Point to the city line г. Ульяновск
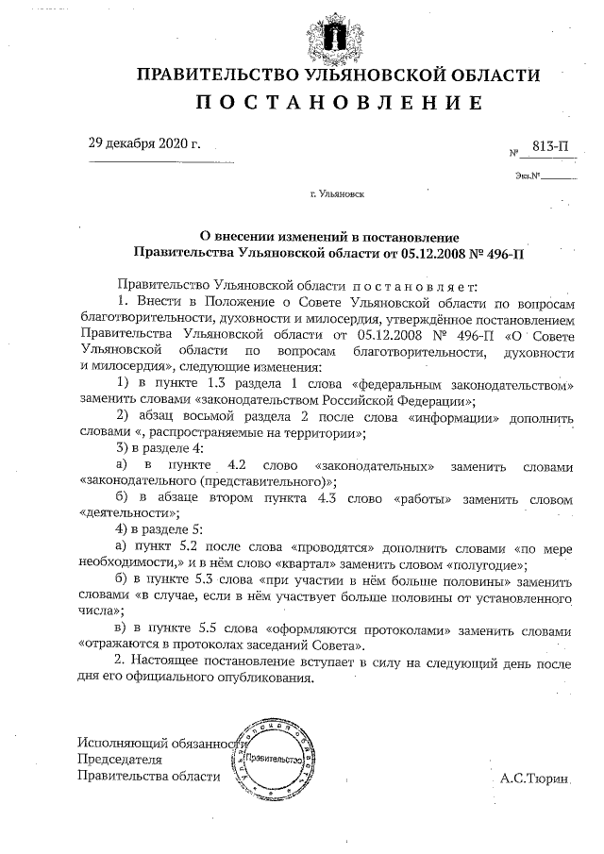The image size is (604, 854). point(338,194)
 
